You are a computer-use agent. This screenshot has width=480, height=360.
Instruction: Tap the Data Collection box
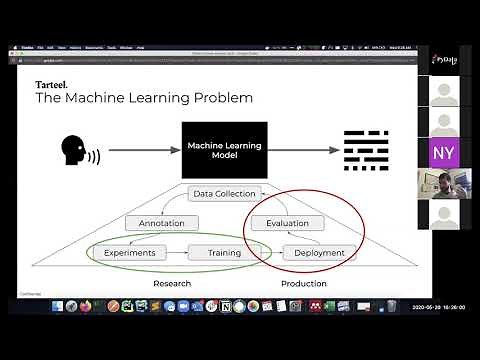pos(225,193)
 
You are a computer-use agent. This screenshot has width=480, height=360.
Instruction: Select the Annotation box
pos(162,223)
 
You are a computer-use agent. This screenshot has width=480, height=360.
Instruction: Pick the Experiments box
pos(130,253)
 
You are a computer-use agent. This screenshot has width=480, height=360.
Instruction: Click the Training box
pos(224,253)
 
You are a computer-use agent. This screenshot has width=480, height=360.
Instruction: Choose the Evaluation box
pos(287,223)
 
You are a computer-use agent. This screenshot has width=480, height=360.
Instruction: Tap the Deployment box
pos(320,253)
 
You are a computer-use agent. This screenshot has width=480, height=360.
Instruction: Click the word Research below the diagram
pos(172,283)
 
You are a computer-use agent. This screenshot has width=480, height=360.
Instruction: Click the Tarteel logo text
pos(52,83)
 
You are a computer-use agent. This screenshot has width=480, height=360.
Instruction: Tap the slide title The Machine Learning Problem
pos(144,98)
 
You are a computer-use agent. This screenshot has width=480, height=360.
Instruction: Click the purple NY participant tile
pos(442,153)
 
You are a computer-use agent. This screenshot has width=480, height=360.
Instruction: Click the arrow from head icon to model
pos(139,150)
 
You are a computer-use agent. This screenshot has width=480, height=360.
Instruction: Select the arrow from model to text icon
pos(303,150)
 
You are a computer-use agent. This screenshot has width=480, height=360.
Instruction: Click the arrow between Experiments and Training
pos(177,253)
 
